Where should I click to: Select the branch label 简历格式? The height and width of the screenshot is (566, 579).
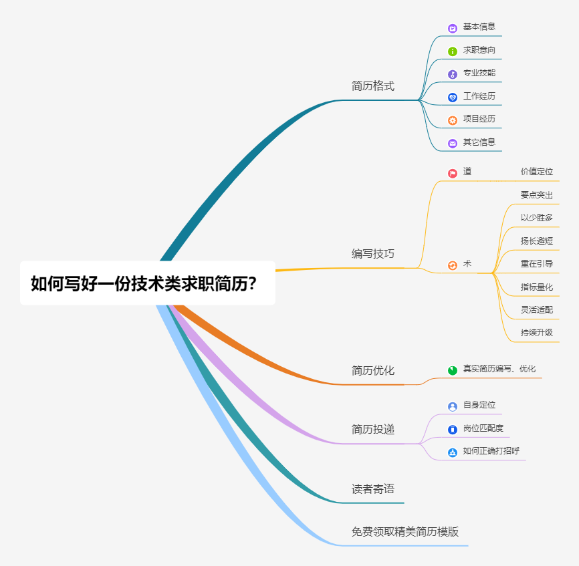373,86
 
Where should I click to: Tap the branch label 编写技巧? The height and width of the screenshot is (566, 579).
373,254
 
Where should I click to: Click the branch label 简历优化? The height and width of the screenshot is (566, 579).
373,370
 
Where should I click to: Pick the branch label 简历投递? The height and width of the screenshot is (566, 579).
373,429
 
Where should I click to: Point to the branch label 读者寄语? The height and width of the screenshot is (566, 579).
373,488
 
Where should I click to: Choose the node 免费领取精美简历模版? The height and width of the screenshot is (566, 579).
405,532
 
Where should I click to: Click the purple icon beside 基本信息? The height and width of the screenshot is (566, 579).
453,28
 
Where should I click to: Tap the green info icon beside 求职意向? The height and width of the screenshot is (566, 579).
453,51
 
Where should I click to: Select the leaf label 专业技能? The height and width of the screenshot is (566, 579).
479,73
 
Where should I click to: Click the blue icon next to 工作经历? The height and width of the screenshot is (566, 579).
453,97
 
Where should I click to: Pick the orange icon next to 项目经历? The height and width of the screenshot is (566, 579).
453,120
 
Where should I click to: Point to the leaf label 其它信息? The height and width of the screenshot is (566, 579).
479,142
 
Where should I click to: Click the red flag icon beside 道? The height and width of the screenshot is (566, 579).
453,173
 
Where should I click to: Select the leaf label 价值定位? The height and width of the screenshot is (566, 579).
537,172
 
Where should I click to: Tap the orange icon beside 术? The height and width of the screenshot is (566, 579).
453,265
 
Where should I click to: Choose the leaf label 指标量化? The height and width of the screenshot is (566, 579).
537,287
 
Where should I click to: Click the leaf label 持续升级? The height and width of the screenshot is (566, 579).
537,332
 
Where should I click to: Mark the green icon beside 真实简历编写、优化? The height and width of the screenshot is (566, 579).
453,370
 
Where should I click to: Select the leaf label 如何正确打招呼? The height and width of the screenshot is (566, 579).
491,451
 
